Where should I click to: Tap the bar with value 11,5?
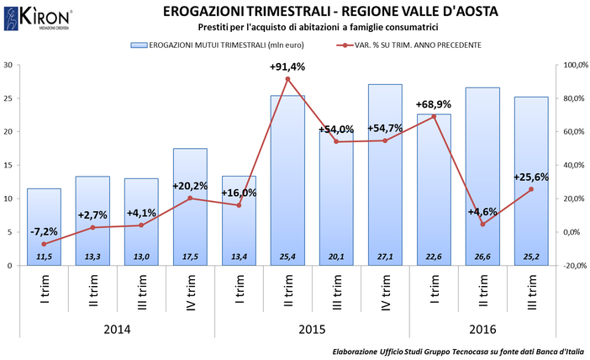(x=44, y=227)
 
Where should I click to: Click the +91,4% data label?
(x=287, y=66)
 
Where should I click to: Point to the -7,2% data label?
(x=43, y=230)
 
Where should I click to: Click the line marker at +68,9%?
(x=434, y=117)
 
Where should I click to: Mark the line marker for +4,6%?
(x=482, y=224)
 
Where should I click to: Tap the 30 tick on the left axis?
(x=8, y=65)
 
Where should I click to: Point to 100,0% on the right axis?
(x=576, y=65)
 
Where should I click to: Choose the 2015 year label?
(x=312, y=329)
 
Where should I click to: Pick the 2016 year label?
(x=482, y=329)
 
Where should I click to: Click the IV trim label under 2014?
(x=190, y=294)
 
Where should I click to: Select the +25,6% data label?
(x=531, y=177)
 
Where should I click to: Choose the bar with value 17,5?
(x=190, y=207)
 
